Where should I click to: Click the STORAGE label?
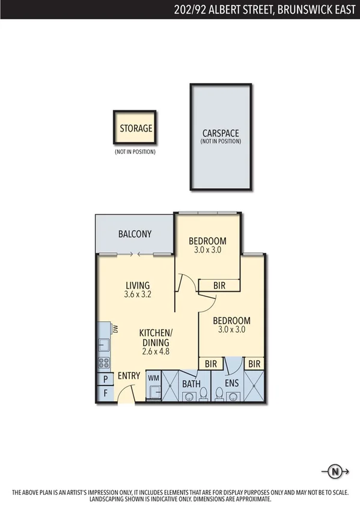(x=135, y=128)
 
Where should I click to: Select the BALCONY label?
(x=135, y=234)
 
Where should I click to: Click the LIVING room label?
(x=137, y=285)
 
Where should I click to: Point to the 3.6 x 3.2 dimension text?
(x=137, y=295)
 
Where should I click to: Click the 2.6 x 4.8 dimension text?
(x=156, y=351)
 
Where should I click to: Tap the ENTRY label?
(x=129, y=376)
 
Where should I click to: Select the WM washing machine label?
(x=153, y=378)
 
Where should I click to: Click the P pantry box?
(x=105, y=379)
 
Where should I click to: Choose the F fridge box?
(x=105, y=394)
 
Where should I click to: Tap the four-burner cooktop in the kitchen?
(x=103, y=363)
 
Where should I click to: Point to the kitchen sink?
(x=103, y=345)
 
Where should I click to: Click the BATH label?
(x=192, y=382)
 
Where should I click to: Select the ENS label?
(x=233, y=382)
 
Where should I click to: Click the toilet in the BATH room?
(x=204, y=394)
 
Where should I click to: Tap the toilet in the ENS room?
(x=219, y=394)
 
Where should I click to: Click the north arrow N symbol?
(x=332, y=471)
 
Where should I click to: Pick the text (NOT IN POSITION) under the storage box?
(x=135, y=152)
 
